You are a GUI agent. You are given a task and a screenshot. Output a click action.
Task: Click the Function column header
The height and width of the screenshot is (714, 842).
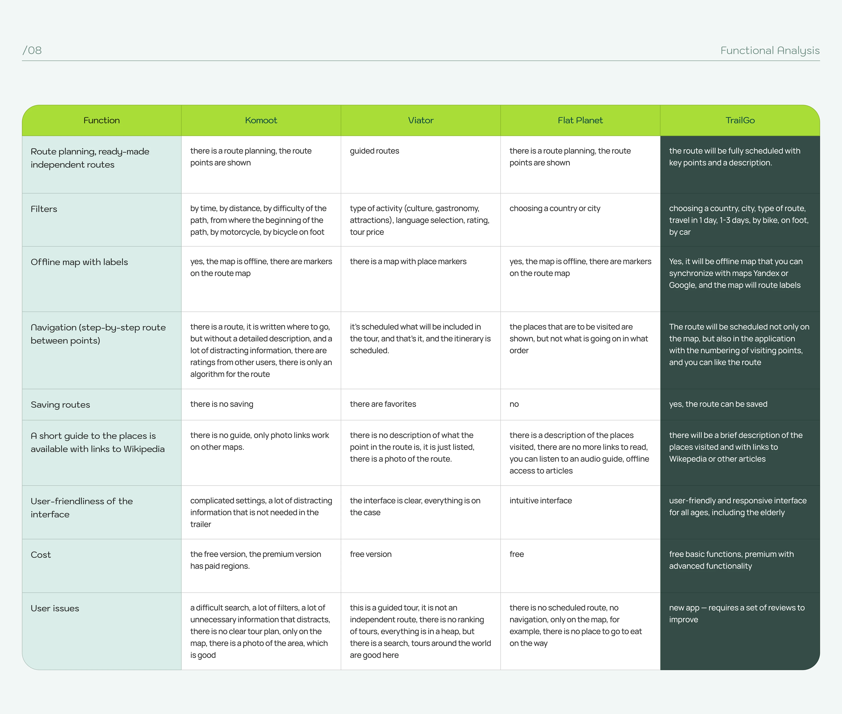coord(101,120)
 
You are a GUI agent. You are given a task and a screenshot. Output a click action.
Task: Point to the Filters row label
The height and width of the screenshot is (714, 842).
coord(44,209)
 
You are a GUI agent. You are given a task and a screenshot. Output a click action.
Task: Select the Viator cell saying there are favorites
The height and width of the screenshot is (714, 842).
coord(383,404)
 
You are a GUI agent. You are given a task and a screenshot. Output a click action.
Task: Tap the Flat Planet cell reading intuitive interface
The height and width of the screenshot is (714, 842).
coord(541,501)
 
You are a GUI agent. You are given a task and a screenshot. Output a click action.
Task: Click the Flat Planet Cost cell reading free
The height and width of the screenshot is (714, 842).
coord(517,554)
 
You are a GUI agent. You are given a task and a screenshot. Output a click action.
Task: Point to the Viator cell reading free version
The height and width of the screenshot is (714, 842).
coord(370,554)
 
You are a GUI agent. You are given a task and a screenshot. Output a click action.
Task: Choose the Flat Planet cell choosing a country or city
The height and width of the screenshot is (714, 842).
coord(555,209)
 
